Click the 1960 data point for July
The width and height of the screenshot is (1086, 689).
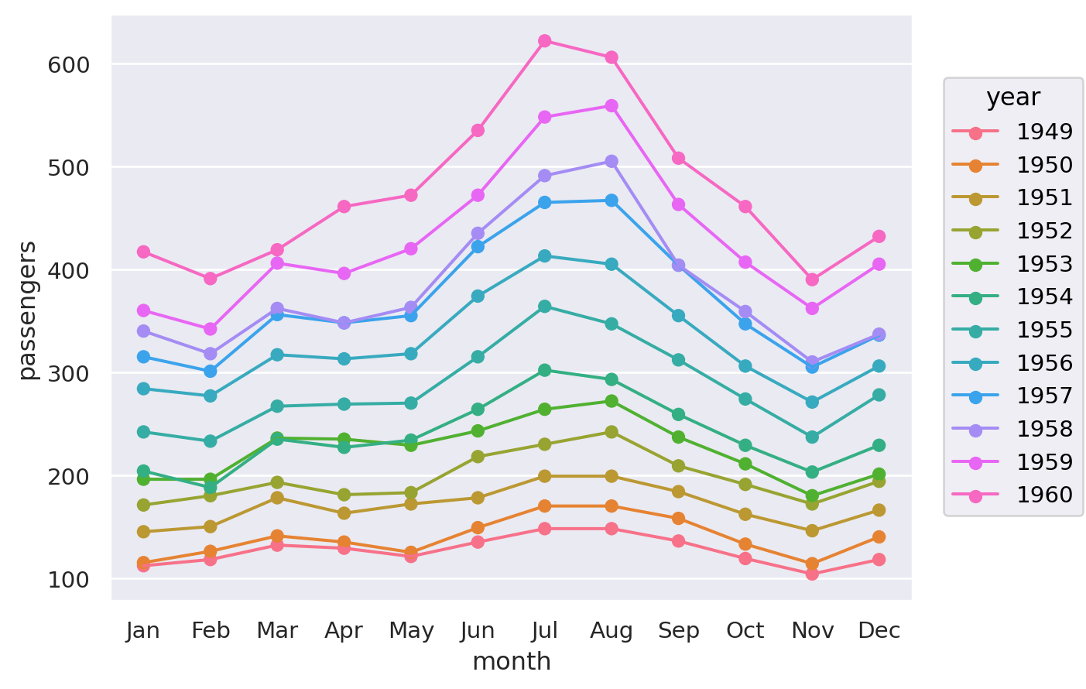(545, 41)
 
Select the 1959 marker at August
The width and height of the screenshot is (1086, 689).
(612, 106)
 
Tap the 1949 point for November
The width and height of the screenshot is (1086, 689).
(812, 574)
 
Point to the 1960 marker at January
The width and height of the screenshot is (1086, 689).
(143, 252)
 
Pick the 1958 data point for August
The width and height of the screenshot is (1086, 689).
(612, 162)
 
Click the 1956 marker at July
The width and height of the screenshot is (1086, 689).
(545, 256)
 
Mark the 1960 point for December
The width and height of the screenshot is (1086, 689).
(879, 237)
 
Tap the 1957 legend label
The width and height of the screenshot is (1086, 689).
(1044, 396)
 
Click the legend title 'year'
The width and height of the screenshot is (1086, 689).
(1013, 98)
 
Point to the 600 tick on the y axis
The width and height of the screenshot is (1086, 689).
(70, 64)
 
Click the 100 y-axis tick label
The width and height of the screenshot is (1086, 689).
(70, 579)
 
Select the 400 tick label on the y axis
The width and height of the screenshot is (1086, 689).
(70, 270)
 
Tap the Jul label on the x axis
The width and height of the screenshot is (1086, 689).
(545, 631)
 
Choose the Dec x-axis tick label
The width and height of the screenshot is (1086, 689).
(879, 631)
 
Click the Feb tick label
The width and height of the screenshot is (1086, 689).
(211, 631)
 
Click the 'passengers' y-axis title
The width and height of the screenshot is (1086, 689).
(28, 310)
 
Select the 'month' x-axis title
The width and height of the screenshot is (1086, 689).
(512, 662)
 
